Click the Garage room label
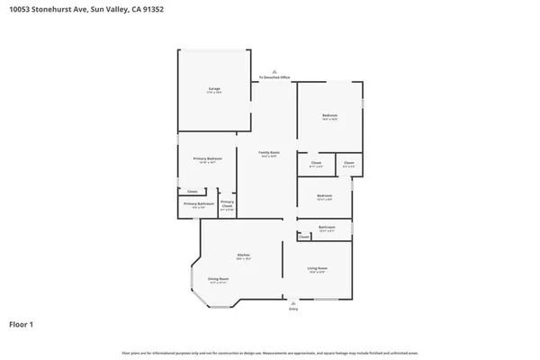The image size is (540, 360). click(214, 89)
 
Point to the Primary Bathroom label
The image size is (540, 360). click(199, 204)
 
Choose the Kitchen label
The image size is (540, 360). click(243, 256)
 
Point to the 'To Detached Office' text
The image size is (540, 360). click(275, 78)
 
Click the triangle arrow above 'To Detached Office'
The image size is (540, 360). click(275, 72)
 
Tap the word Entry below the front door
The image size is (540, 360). click(292, 309)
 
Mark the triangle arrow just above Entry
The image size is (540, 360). click(292, 302)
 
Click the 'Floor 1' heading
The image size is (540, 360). click(22, 323)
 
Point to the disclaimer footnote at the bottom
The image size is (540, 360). click(270, 351)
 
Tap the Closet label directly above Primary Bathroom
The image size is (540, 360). click(192, 192)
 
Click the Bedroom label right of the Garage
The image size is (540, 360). click(330, 116)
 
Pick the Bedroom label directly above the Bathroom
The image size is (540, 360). click(324, 196)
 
